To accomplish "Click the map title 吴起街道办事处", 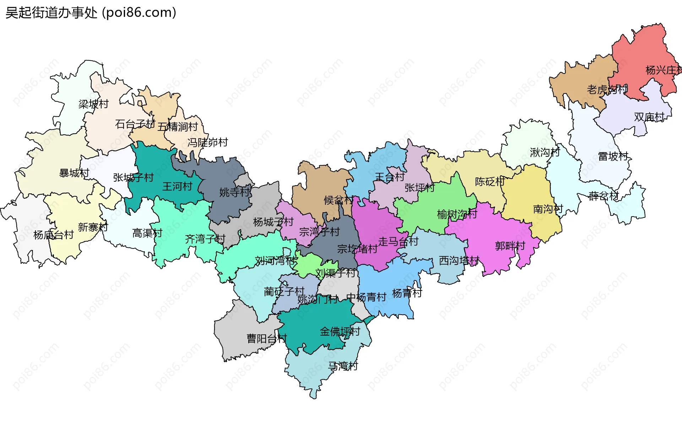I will tap(52, 13).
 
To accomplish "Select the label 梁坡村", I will tap(93, 104).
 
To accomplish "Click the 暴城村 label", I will tap(74, 173).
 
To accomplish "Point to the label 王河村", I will tap(177, 186).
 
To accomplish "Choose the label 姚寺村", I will tap(234, 192).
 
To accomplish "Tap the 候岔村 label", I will tap(338, 200).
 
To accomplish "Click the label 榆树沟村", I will tap(457, 214).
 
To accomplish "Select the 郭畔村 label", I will tap(510, 246).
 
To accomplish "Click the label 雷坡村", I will tap(613, 156).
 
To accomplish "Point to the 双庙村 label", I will tap(649, 117).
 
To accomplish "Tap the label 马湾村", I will tap(343, 366).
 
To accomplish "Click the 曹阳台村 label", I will tap(266, 338).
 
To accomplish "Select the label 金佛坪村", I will tap(340, 332).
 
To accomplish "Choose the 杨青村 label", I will tap(407, 293).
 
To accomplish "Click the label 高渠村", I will tap(147, 233).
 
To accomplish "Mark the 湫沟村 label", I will tap(545, 153).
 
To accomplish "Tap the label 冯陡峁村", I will tap(207, 143).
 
